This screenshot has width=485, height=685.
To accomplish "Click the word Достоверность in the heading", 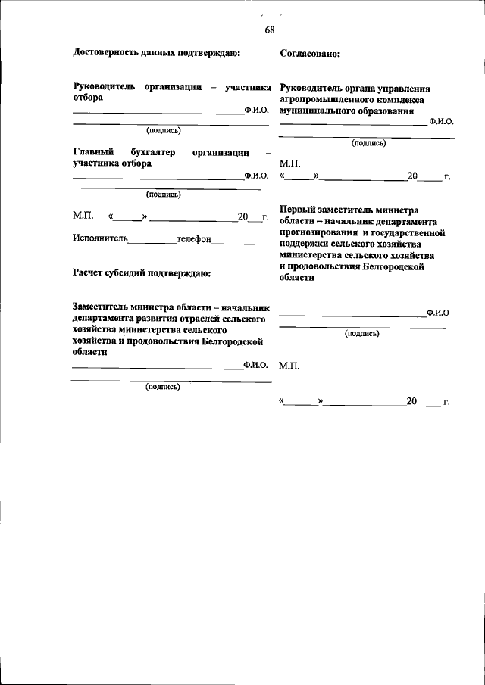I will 105,52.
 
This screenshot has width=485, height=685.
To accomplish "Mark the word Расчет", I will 89,272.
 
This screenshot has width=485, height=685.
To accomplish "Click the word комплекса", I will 398,99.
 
